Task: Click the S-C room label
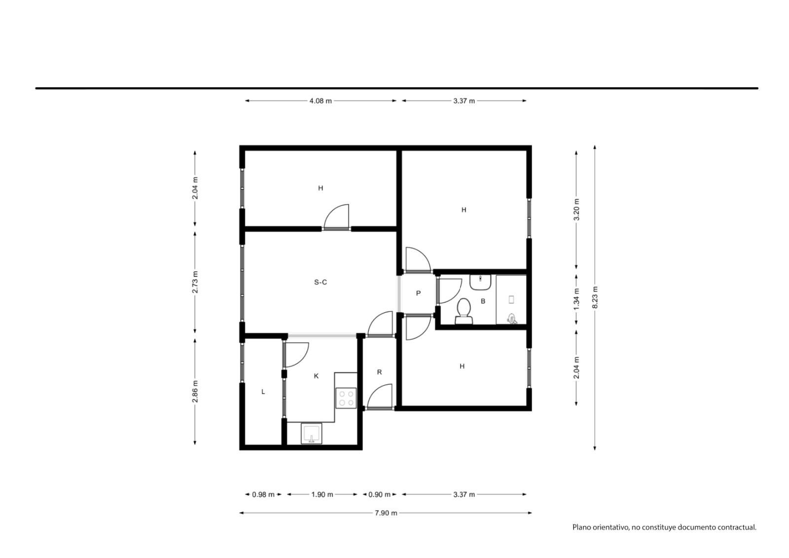click(321, 282)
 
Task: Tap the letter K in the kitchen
click(316, 376)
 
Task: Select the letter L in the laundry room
click(263, 392)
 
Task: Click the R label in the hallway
click(379, 372)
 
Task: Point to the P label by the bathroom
click(418, 293)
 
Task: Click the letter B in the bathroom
click(483, 301)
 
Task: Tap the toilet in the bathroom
click(464, 311)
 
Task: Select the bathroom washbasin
click(480, 283)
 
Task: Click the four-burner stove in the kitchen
click(346, 398)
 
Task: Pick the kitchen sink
click(311, 433)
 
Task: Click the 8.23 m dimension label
click(595, 297)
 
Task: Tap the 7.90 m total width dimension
click(386, 513)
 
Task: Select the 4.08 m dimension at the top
click(321, 101)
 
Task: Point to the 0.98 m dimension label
click(263, 494)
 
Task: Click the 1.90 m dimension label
click(322, 494)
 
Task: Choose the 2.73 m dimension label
click(195, 282)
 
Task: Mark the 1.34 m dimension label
click(576, 299)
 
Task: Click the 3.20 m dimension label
click(576, 209)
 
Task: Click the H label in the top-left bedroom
click(321, 188)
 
